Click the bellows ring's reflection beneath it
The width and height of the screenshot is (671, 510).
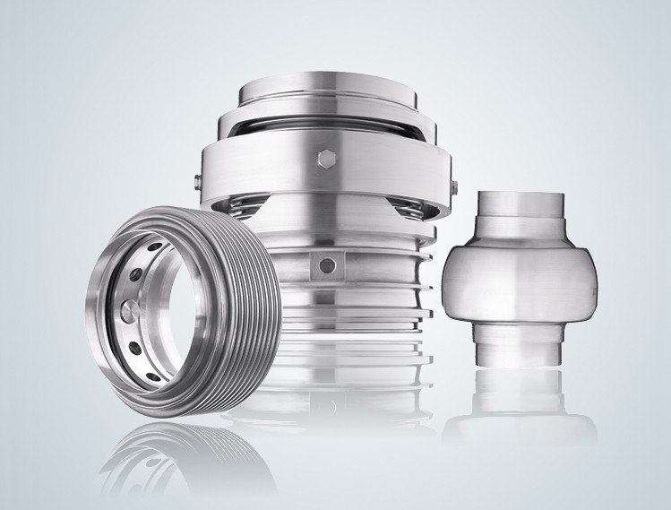(179, 457)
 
